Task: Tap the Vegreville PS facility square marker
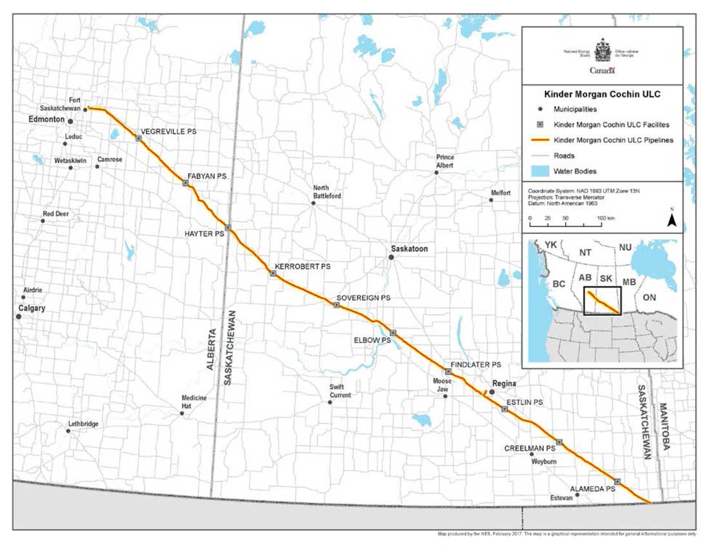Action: pos(138,138)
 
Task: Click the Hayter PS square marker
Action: pos(228,228)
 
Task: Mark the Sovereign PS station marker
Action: pos(336,305)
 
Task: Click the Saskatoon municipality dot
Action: pos(391,257)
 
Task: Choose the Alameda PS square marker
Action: pos(617,482)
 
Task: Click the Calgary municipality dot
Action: pos(19,317)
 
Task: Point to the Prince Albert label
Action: pos(445,161)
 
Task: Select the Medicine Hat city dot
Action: pos(182,413)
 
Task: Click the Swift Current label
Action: pos(340,391)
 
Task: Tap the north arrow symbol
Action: pos(671,220)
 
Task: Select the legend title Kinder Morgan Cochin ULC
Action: pos(602,94)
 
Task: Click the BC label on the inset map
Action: pos(559,284)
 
